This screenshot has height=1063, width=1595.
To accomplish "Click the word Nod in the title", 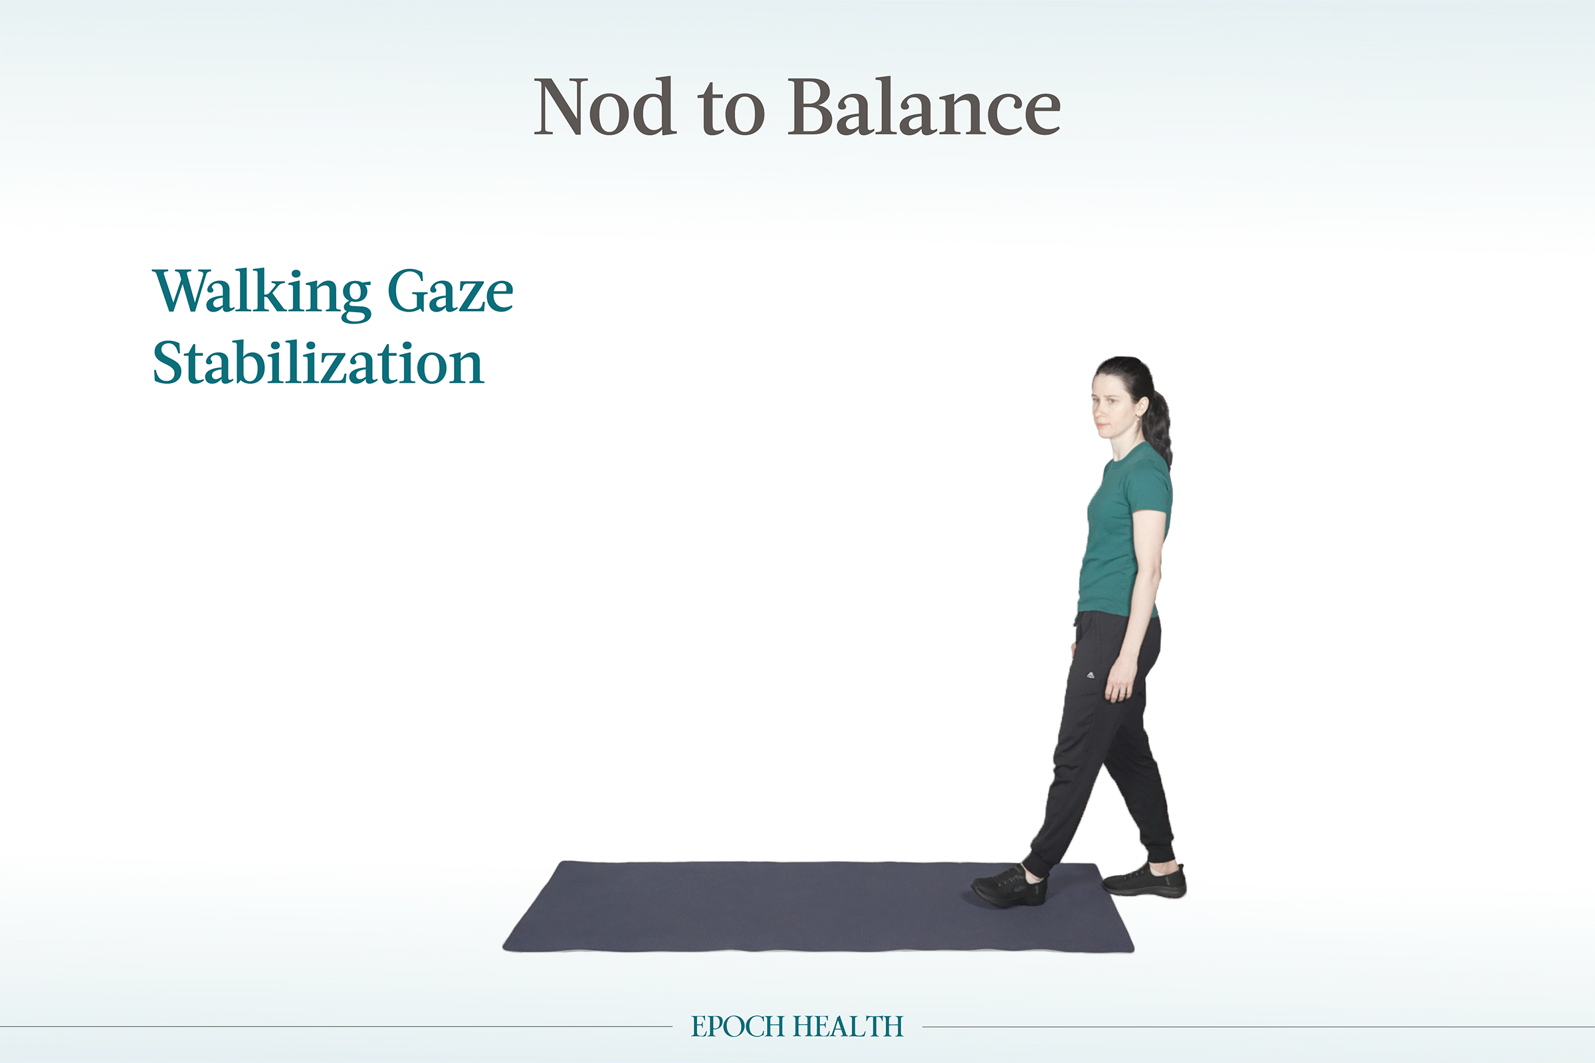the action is pos(604,107).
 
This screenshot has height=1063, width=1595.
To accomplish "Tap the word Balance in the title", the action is pos(924,107).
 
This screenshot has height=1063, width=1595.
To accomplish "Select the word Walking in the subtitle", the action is pos(262,292).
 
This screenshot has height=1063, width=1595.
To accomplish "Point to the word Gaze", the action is pos(451,292).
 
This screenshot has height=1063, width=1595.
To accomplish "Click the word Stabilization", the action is pos(318,363).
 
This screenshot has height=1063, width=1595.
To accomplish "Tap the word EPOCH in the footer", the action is pos(738,1026).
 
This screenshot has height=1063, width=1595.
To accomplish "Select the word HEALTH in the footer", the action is pos(849,1026).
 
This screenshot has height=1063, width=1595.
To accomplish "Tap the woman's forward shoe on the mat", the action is pos(1010,886).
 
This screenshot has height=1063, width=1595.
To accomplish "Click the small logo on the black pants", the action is pos(1089,674).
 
